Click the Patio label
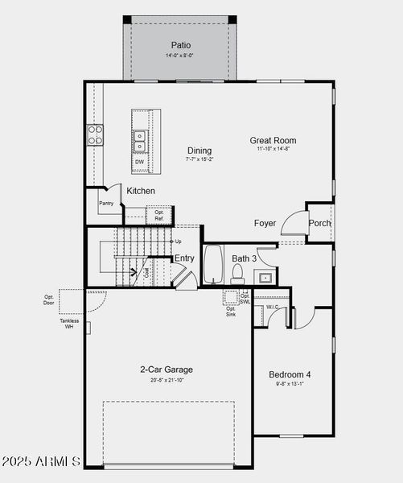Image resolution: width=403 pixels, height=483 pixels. (x=179, y=45)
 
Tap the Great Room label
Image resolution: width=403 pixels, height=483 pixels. (x=273, y=140)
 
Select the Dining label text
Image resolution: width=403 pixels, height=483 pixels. (x=199, y=151)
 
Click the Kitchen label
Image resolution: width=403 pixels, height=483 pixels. (x=141, y=191)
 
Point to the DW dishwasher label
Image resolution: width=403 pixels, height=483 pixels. (x=139, y=162)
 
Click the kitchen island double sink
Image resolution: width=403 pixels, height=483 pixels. (x=140, y=142)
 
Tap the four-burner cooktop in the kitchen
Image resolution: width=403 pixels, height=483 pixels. (x=95, y=134)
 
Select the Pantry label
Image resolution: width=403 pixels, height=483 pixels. (x=106, y=204)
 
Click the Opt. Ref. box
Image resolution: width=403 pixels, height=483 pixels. (x=159, y=215)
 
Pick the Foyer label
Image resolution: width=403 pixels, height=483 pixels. (x=265, y=223)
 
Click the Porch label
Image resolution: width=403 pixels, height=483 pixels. (x=319, y=223)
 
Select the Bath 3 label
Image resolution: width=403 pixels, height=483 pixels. (x=244, y=258)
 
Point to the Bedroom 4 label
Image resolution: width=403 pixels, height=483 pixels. (x=290, y=374)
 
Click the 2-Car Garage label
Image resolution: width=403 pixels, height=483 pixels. (x=167, y=369)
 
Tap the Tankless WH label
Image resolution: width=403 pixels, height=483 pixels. (x=69, y=324)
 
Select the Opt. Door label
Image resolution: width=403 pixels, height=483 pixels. (x=49, y=299)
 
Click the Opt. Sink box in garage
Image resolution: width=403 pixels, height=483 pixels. (x=231, y=311)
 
